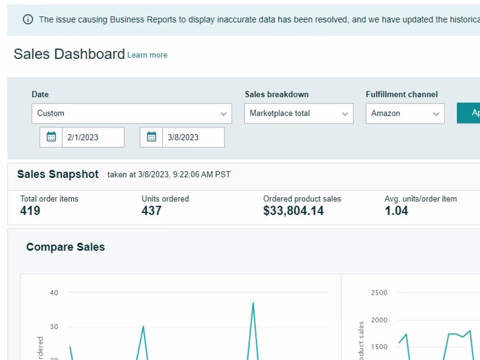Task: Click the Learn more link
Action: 147,55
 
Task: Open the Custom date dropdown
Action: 132,113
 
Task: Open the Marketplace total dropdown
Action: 299,113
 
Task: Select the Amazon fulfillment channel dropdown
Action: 405,113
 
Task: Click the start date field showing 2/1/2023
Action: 93,137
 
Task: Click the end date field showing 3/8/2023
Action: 193,137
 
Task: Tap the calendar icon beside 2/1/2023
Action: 51,137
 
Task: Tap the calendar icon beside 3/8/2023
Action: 151,137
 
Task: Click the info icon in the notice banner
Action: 28,20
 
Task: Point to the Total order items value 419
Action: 30,211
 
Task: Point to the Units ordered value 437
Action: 152,211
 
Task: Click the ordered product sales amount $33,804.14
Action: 293,211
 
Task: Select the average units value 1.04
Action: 396,211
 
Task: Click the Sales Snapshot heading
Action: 58,174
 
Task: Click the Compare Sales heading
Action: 66,247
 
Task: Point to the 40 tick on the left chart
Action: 54,293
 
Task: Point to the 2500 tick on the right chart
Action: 379,293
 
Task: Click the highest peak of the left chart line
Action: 253,303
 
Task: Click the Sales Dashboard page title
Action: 69,54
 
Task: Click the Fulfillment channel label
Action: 402,94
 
